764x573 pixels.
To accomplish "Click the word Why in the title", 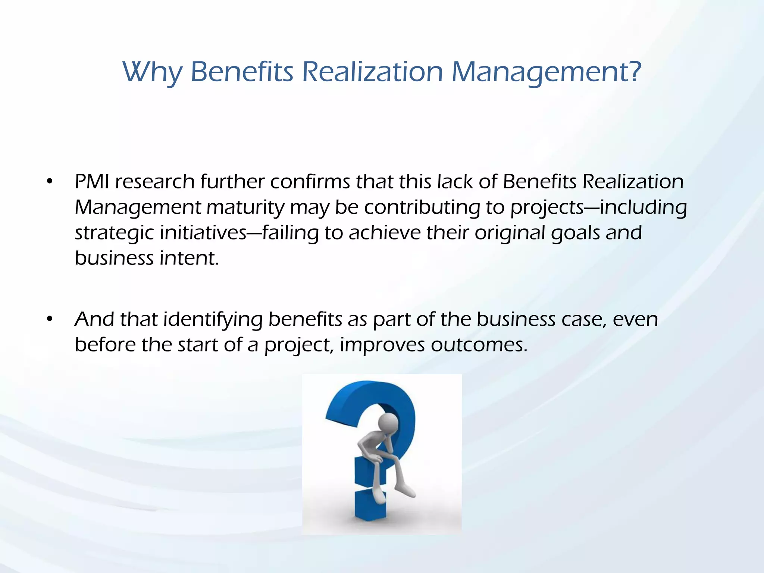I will point(153,72).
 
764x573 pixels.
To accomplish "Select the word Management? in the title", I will point(546,72).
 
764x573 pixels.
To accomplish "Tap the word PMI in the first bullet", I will point(92,182).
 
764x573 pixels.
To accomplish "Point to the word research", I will point(154,182).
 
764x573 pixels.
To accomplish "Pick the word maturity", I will point(245,208).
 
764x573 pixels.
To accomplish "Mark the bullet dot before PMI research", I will point(50,182).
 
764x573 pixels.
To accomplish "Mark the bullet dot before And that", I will point(50,319).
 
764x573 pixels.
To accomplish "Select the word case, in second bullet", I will point(584,319).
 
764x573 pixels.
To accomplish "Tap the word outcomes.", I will point(479,345).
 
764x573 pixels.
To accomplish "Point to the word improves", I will point(382,345).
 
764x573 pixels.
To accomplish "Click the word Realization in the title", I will point(372,72).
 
